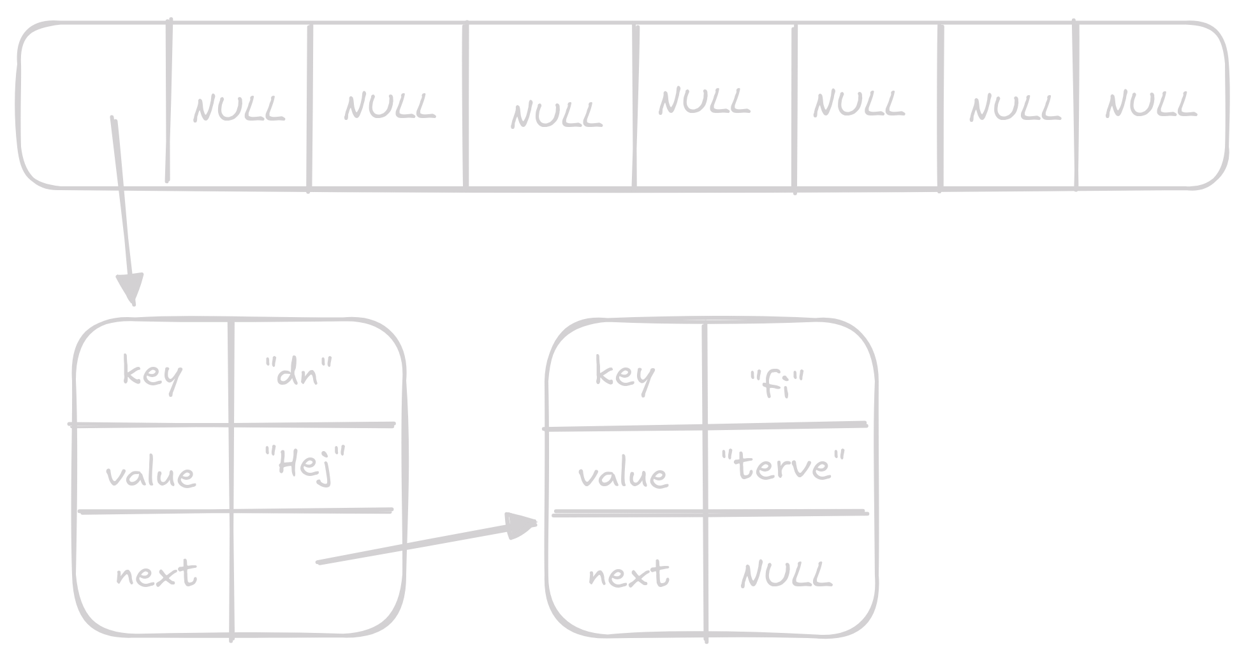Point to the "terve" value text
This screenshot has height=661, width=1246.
pyautogui.click(x=783, y=466)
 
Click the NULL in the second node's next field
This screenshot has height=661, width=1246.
pyautogui.click(x=786, y=574)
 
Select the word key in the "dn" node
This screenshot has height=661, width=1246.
pyautogui.click(x=152, y=374)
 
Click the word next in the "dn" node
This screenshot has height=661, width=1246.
pyautogui.click(x=156, y=574)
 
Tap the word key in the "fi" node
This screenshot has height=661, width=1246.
pyautogui.click(x=624, y=375)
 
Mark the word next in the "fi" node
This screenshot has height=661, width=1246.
pyautogui.click(x=629, y=574)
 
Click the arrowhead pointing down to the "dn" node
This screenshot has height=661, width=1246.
pyautogui.click(x=131, y=288)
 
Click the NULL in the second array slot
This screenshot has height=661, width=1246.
pyautogui.click(x=238, y=109)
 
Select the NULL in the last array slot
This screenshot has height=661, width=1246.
pyautogui.click(x=1150, y=105)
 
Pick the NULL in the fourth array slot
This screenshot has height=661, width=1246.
pyautogui.click(x=556, y=115)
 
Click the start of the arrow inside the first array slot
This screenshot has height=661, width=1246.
pyautogui.click(x=114, y=119)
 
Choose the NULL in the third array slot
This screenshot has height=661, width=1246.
pyautogui.click(x=390, y=107)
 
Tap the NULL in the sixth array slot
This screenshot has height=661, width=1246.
pyautogui.click(x=858, y=104)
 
